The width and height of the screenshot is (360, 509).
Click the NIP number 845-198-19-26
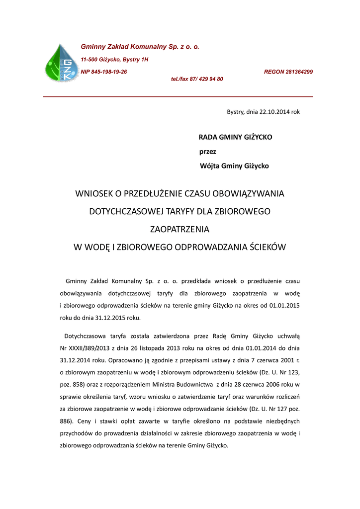(104, 72)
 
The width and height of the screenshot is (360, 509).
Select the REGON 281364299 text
(288, 72)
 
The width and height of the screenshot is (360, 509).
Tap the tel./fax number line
(197, 79)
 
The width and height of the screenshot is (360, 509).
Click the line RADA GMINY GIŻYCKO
(236, 137)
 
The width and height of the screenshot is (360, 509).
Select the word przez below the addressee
(207, 151)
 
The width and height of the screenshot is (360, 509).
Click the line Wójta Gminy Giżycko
(234, 166)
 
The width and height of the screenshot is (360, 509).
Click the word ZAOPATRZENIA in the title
(180, 229)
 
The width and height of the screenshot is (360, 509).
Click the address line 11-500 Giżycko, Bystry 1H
(114, 60)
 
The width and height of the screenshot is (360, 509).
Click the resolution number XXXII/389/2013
(92, 347)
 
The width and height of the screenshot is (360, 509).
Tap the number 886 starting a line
(66, 421)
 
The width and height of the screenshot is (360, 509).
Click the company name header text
(140, 47)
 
